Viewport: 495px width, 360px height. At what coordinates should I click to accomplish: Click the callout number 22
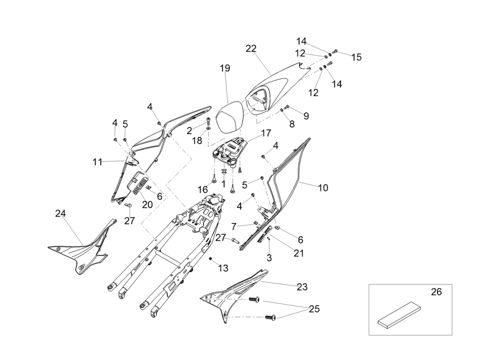point(251,49)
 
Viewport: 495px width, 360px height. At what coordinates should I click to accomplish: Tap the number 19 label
point(225,68)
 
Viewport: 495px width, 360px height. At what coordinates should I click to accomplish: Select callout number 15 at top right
point(356,58)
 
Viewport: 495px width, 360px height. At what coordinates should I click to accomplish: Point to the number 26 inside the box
point(436,292)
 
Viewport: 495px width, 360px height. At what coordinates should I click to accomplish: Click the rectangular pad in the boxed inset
point(399,315)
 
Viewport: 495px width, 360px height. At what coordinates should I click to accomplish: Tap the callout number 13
point(223,268)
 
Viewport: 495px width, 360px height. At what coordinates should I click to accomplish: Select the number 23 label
point(301,287)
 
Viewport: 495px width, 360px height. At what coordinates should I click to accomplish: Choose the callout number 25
point(314,309)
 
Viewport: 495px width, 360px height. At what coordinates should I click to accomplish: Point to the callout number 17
point(265,133)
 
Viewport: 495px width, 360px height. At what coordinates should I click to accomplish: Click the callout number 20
point(147,204)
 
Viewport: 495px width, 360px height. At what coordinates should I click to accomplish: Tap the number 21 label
point(298,253)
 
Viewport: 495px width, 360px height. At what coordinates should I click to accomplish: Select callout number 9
point(306,116)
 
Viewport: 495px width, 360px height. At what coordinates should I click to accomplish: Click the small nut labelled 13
point(211,259)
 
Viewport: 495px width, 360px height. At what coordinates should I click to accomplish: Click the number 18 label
point(197,140)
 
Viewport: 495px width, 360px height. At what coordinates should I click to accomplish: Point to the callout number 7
point(234,225)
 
